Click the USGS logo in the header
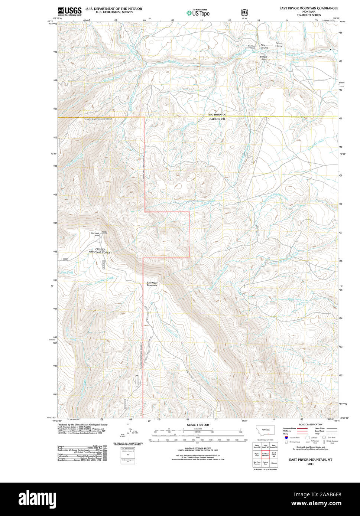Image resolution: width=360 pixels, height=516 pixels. [69, 12]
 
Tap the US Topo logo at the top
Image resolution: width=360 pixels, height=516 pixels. [198, 13]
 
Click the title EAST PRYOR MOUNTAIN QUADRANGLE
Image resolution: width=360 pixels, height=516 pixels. [309, 8]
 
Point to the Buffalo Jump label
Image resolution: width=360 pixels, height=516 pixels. [264, 58]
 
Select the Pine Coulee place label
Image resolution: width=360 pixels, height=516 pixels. [264, 46]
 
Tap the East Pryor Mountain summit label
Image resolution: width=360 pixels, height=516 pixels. [152, 284]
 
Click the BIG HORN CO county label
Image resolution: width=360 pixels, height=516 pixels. [217, 115]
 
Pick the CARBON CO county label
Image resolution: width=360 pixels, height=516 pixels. [217, 119]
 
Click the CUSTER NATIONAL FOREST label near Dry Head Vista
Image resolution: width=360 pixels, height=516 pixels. [100, 251]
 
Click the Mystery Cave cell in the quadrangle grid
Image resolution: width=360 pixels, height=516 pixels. [265, 463]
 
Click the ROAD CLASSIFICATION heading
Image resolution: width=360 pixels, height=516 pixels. [311, 424]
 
